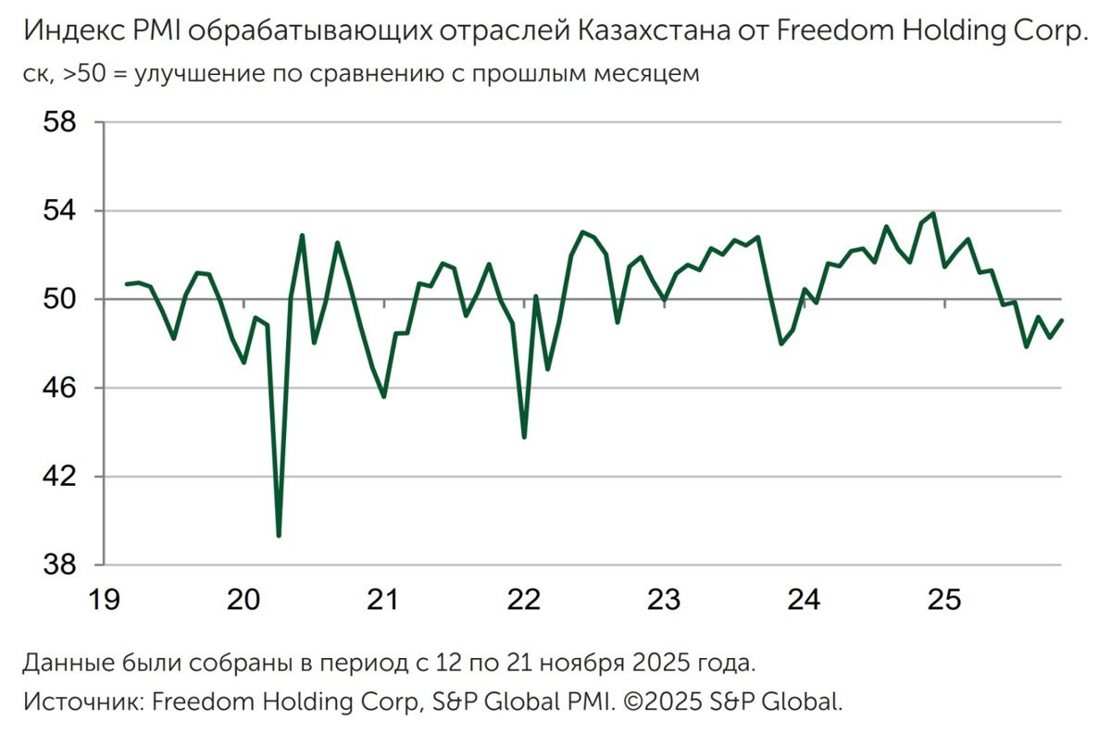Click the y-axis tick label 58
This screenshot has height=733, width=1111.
63,123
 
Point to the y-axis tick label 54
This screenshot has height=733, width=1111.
63,211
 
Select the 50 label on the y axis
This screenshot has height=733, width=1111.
63,300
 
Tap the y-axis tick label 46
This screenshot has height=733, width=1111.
63,388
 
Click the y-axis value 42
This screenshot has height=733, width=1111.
63,477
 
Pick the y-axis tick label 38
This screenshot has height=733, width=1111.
63,565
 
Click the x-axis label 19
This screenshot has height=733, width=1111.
104,600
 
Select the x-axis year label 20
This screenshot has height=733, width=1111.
243,600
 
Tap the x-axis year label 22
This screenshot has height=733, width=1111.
524,600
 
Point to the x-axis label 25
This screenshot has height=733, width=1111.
943,600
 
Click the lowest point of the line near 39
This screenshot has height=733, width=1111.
279,535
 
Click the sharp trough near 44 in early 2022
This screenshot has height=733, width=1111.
524,437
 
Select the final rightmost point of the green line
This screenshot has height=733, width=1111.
1062,320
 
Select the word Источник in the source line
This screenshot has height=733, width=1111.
82,701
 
